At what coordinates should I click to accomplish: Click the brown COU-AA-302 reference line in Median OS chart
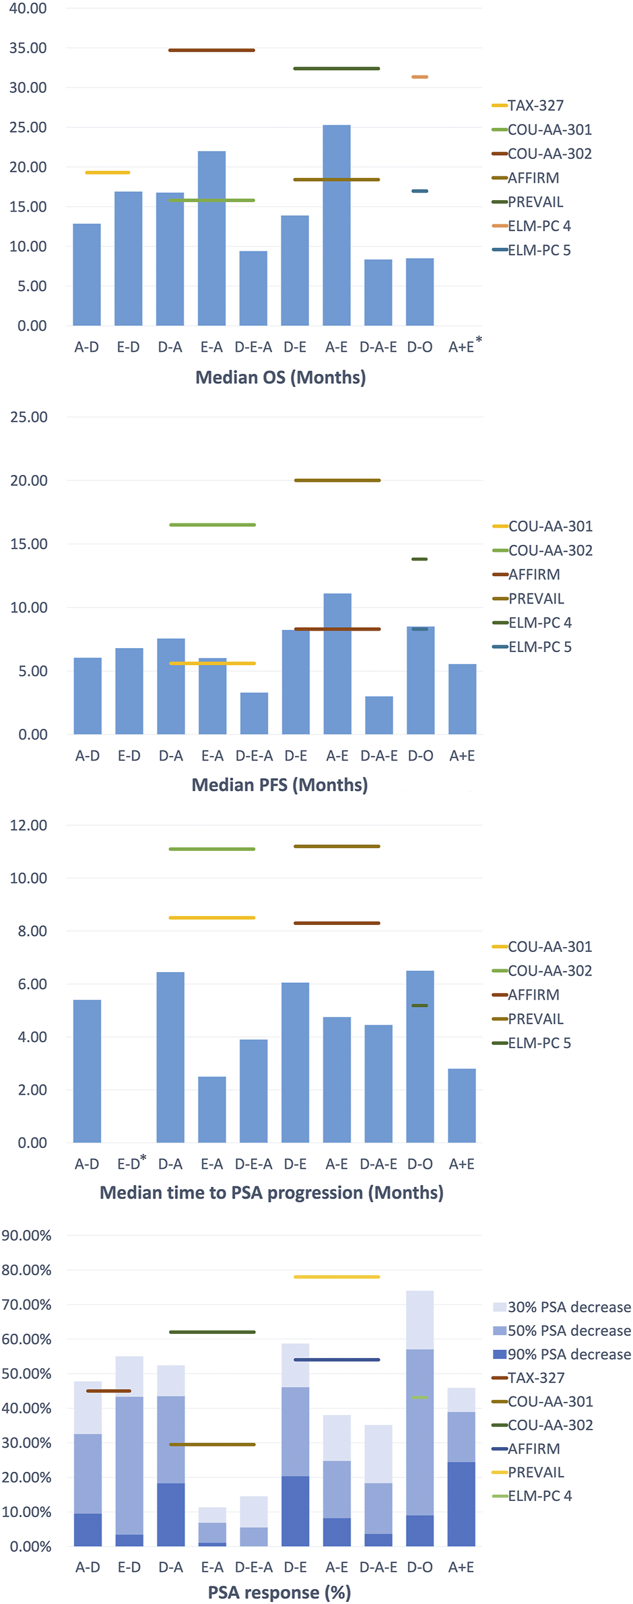211,51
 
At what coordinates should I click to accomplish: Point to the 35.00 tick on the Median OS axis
28,49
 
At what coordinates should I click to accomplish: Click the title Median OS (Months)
280,377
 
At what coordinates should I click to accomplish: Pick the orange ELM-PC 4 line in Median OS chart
420,77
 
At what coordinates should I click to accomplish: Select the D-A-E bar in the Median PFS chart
378,715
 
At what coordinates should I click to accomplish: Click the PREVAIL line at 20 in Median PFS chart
337,480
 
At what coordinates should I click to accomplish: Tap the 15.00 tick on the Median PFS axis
28,544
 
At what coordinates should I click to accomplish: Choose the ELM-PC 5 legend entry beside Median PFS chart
539,647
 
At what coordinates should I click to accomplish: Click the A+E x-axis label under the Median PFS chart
462,756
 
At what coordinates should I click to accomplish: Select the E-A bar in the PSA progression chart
211,1110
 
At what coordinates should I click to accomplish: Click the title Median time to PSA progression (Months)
271,1193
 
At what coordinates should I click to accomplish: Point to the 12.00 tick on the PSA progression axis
28,826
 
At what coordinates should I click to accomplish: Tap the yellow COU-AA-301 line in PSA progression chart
211,918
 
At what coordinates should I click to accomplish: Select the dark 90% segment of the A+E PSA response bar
461,1504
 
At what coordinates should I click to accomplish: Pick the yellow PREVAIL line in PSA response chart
337,1277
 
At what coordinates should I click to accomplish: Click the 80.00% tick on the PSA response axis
26,1271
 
